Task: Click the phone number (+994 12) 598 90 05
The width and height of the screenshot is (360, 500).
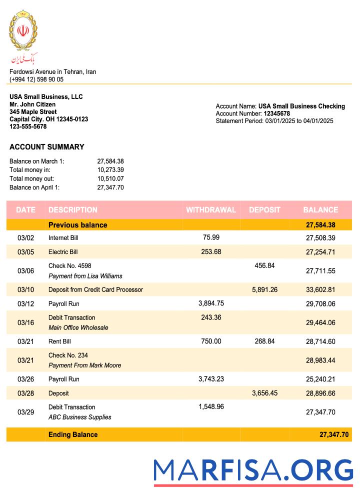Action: (x=36, y=79)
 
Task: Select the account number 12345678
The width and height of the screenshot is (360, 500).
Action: (x=276, y=113)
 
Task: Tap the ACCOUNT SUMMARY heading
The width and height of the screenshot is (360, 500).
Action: (x=47, y=147)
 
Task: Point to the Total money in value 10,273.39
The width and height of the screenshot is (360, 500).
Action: (x=110, y=170)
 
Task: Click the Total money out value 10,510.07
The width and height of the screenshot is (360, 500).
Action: (x=110, y=178)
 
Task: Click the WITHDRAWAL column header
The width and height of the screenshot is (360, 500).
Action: (x=210, y=210)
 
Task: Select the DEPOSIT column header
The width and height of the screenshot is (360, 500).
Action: (x=264, y=210)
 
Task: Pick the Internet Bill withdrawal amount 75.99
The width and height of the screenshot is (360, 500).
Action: (x=211, y=237)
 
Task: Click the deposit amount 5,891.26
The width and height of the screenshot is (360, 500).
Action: (x=265, y=289)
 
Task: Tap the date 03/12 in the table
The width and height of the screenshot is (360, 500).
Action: (x=25, y=304)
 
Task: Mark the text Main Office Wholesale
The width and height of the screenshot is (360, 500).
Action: (x=78, y=328)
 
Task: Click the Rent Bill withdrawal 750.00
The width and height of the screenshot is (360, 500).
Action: (x=211, y=341)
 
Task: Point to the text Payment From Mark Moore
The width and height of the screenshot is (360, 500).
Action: (x=84, y=365)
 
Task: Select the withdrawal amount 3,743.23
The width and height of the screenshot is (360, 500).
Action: (x=211, y=379)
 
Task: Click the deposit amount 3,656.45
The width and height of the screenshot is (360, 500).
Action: (x=265, y=393)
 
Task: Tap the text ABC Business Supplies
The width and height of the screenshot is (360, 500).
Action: (x=79, y=417)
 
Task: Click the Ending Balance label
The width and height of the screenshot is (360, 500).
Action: (x=73, y=434)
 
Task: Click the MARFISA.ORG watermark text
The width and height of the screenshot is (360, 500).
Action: (x=253, y=470)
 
